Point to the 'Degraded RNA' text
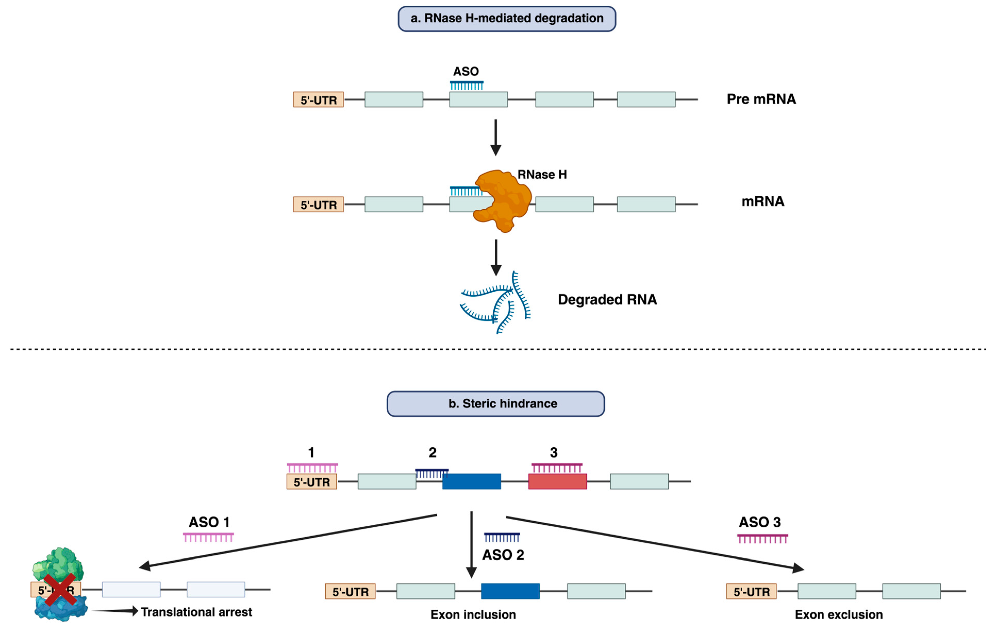[607, 299]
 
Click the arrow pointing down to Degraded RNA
[496, 257]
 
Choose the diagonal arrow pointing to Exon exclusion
[654, 543]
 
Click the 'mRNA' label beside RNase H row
[763, 201]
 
